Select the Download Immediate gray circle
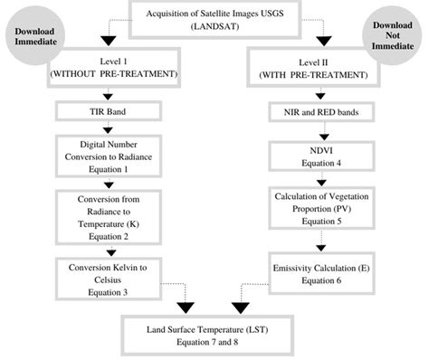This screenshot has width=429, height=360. (35, 37)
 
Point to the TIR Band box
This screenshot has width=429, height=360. (108, 113)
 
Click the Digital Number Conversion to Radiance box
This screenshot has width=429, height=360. (108, 156)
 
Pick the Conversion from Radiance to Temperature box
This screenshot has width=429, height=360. (108, 215)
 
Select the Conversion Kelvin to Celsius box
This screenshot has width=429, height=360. (108, 276)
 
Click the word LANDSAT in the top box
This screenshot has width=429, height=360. (214, 26)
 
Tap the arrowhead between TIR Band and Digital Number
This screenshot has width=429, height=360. (108, 129)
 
